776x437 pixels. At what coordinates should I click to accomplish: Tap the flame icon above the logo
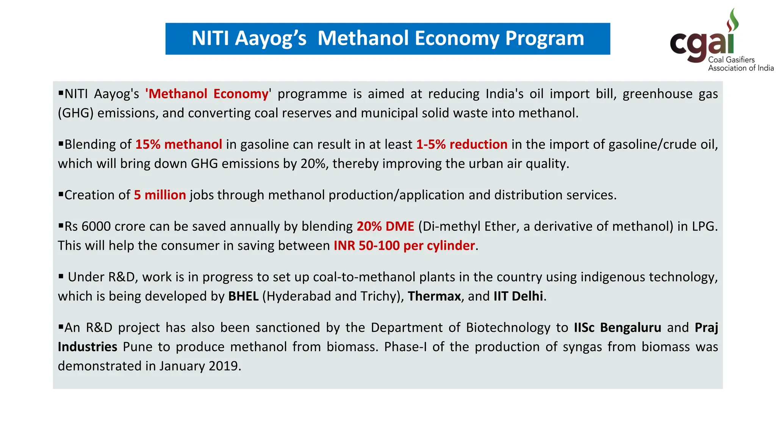pos(732,20)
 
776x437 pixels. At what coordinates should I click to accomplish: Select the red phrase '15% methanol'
pos(178,145)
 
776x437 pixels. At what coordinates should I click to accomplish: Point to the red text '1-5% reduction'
pos(462,145)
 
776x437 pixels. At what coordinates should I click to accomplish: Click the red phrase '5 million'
pos(160,195)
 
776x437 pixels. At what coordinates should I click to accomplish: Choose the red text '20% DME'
pos(385,226)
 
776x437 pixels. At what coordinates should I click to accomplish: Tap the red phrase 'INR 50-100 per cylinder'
pos(404,246)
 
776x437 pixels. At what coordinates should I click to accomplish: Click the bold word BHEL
pos(243,296)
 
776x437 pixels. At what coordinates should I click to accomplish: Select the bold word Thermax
pos(434,296)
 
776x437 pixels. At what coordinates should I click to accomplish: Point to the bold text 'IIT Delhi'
pos(518,296)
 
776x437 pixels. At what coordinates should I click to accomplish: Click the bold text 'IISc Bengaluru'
pos(617,328)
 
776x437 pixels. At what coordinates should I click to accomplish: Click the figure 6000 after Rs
pos(96,226)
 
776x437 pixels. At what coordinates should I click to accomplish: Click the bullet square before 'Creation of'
pos(61,194)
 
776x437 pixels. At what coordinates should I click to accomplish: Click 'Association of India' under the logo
pos(741,68)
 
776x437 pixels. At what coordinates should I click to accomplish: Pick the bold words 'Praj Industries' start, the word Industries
pos(88,347)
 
